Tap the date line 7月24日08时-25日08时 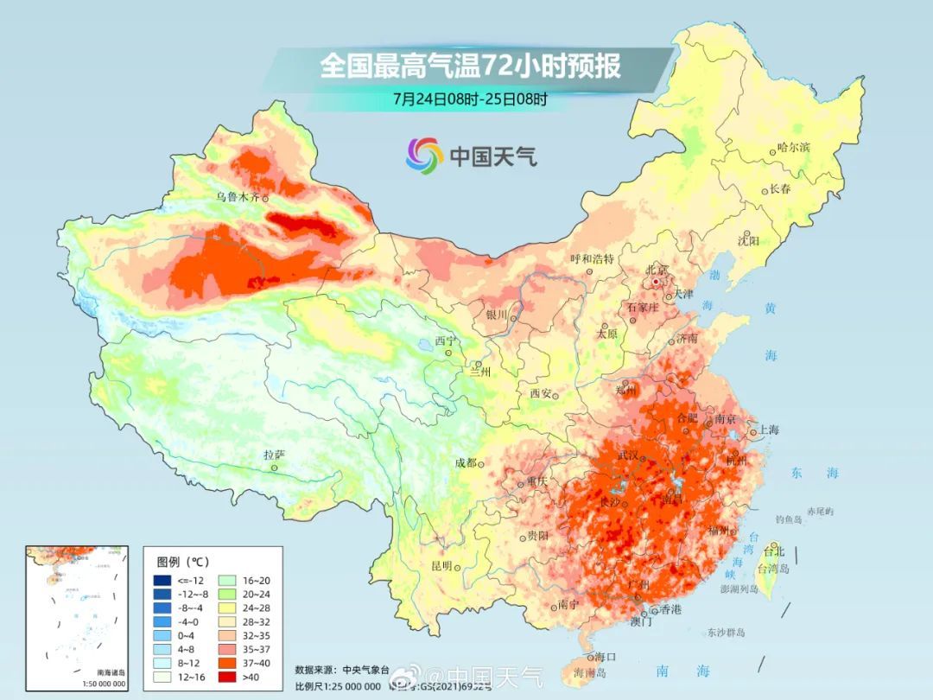click(x=470, y=99)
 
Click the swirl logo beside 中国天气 click(x=424, y=155)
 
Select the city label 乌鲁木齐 click(x=238, y=197)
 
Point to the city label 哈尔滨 click(x=793, y=148)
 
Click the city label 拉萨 click(x=274, y=455)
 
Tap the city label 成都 click(x=466, y=462)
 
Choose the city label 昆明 click(x=441, y=565)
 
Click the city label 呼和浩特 click(x=592, y=258)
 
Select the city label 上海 click(x=768, y=430)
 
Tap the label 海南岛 click(x=590, y=671)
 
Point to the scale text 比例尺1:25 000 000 click(x=337, y=686)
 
